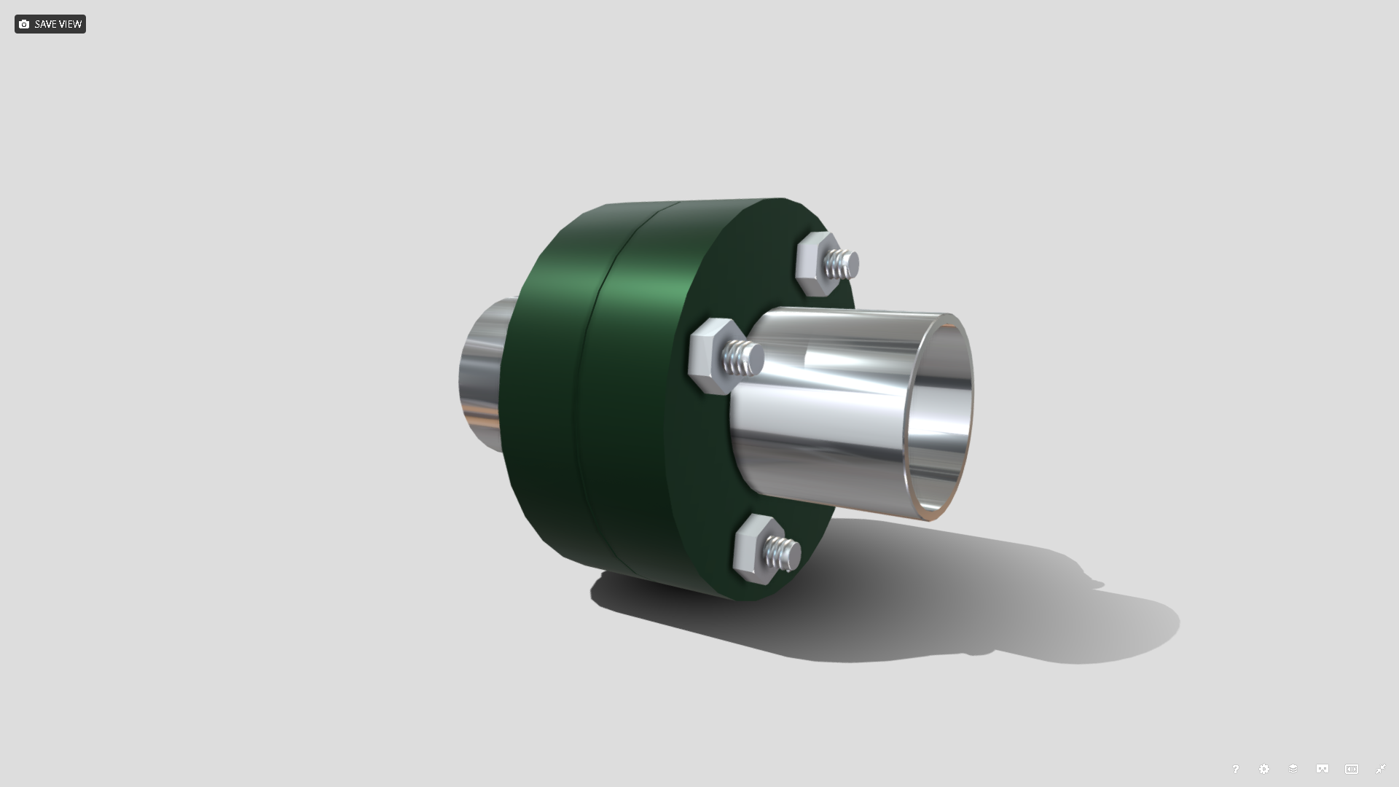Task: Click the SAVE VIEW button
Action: click(50, 24)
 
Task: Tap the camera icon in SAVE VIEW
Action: click(24, 24)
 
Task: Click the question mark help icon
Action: click(1235, 769)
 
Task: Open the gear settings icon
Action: click(1264, 769)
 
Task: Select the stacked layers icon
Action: click(1293, 769)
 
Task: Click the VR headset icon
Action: click(1322, 769)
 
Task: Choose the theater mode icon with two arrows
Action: click(1352, 769)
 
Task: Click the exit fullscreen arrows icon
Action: click(1380, 769)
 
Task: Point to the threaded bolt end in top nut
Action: click(844, 264)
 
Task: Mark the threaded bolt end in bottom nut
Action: click(783, 554)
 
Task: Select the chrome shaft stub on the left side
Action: click(481, 372)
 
